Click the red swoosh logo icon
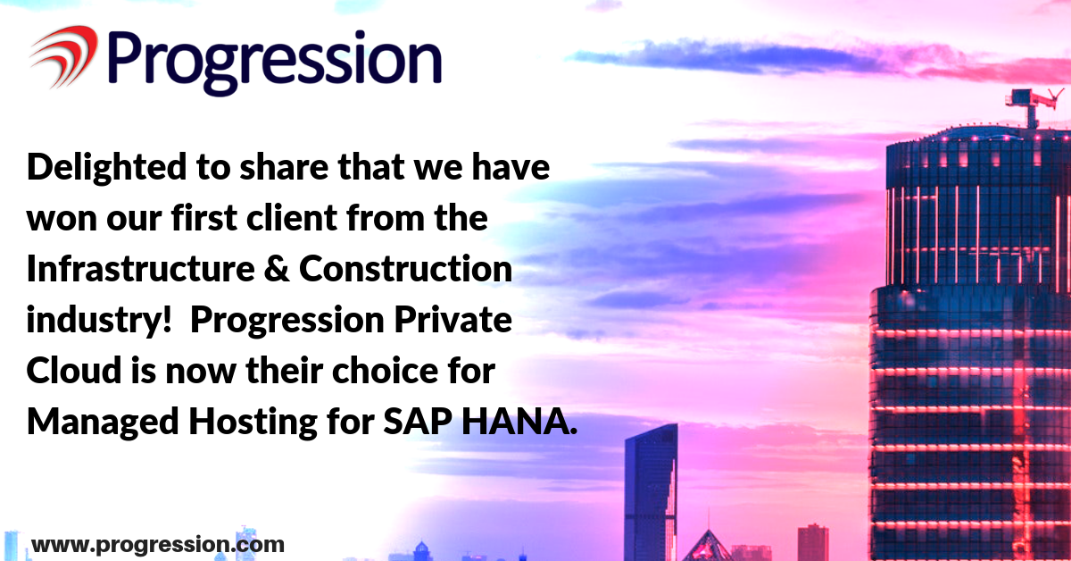coord(64,56)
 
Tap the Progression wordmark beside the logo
coord(275,63)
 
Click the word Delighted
coord(106,168)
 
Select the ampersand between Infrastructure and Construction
coord(277,268)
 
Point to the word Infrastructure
coord(141,268)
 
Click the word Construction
coord(405,268)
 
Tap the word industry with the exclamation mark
coord(99,320)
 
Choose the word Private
coord(452,319)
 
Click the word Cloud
coord(74,370)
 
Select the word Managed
coord(103,423)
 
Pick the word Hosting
coord(253,423)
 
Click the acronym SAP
coord(418,422)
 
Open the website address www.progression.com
coord(158,545)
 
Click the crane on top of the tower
coord(1033,105)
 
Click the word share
coord(284,168)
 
